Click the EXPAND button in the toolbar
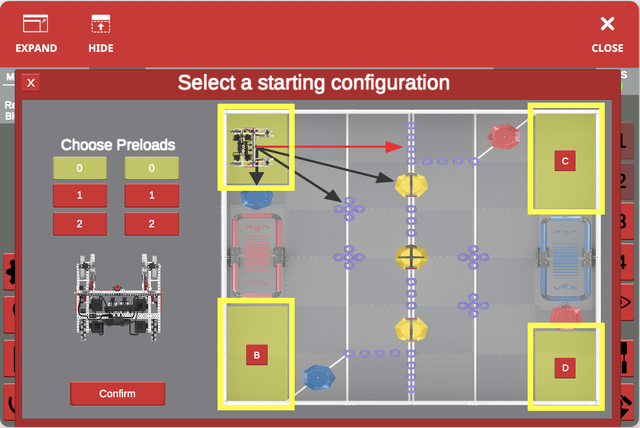click(36, 34)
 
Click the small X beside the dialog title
click(31, 83)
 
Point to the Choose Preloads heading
click(118, 145)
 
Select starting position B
click(257, 355)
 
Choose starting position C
click(565, 161)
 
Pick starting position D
click(565, 367)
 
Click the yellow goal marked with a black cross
click(411, 257)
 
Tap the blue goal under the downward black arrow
click(257, 199)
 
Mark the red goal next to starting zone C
click(503, 136)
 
